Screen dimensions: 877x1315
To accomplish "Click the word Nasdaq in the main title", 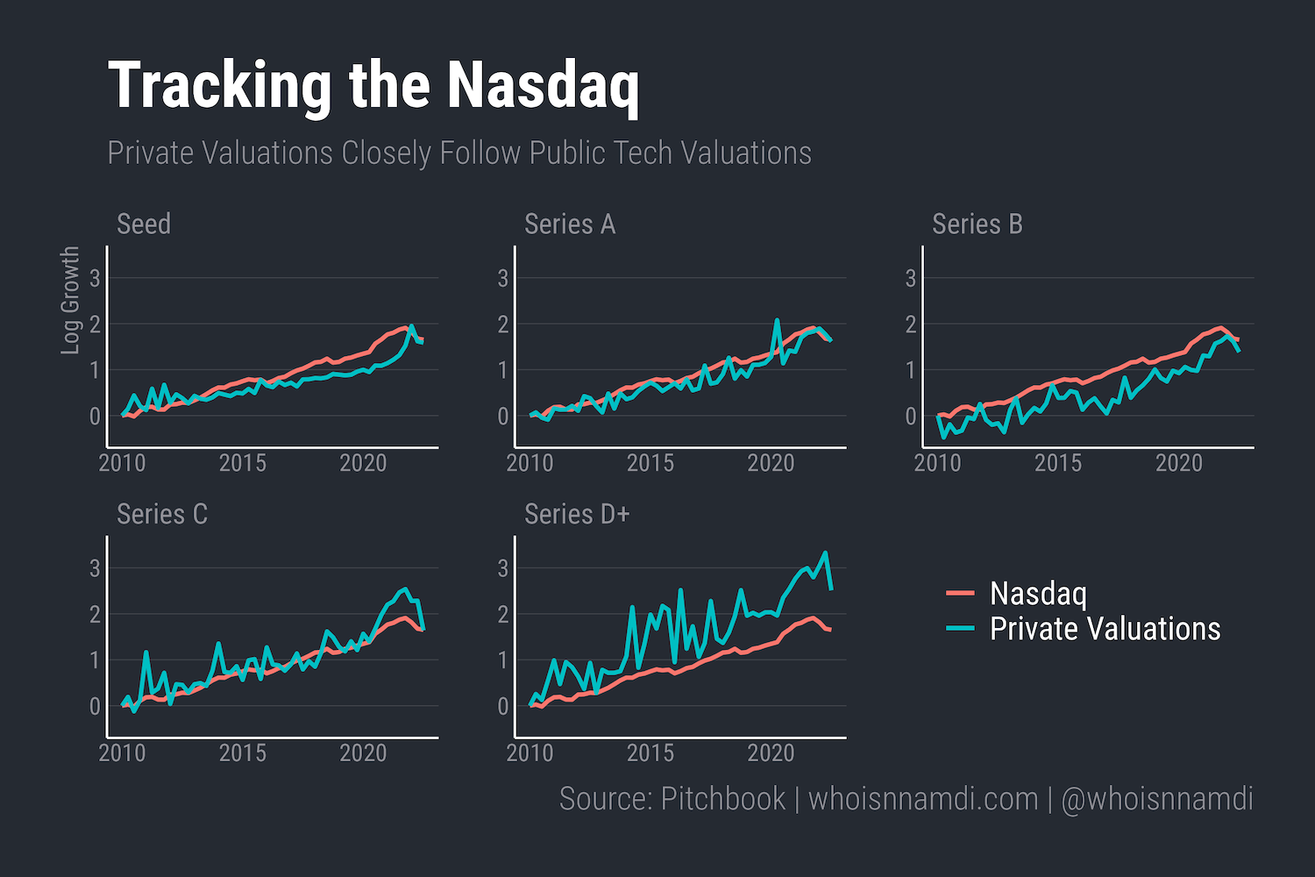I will coord(543,86).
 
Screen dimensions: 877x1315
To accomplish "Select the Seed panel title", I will coord(144,225).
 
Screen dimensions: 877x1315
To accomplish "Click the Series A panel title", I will coord(570,225).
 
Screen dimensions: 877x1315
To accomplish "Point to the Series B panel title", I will coord(977,225).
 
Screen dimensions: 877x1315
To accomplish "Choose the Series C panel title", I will coord(162,514).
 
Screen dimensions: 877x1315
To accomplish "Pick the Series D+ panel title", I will coord(577,514).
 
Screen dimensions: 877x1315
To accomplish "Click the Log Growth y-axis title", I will coord(70,301).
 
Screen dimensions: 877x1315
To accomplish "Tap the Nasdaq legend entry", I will coord(1038,594).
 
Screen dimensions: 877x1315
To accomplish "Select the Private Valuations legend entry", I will coord(1105,629).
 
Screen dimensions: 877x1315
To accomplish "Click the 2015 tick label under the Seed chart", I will coord(243,463).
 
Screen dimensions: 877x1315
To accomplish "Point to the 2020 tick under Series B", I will coord(1178,463).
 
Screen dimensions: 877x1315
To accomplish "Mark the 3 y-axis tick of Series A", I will coord(503,279).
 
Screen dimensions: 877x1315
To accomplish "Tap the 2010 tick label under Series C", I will coord(122,752).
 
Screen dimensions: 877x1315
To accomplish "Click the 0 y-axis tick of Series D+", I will coord(503,706).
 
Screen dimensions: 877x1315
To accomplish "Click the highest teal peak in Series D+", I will coord(825,553).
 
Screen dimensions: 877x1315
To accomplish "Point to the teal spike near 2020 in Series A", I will coord(777,321).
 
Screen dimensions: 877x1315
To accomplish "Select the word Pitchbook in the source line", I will coord(723,799).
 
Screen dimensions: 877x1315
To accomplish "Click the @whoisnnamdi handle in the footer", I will coord(1156,799).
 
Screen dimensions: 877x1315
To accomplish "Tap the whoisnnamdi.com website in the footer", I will coord(922,799).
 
